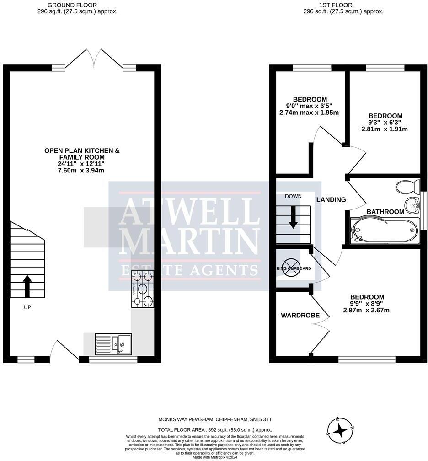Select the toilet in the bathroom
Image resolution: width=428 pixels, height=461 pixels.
coord(407,187)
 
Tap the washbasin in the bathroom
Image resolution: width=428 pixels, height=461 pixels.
coord(413,204)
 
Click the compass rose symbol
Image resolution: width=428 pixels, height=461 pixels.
coord(340,430)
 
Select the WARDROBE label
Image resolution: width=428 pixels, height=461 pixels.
coord(296,316)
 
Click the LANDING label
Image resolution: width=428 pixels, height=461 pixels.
coord(331,199)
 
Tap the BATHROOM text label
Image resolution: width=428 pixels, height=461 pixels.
coord(385,212)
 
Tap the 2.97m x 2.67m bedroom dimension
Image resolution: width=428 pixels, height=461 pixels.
coord(367,311)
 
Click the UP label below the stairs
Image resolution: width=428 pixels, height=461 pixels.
coord(27,307)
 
